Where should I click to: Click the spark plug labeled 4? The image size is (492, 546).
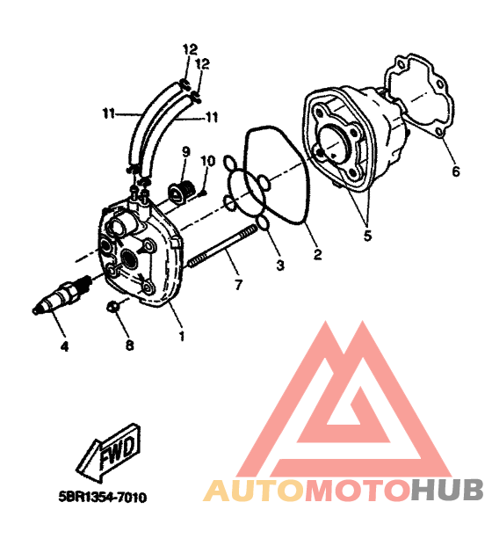pos(61,293)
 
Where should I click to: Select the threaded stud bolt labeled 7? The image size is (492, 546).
pos(222,246)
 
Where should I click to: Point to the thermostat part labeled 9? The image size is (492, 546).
pos(180,190)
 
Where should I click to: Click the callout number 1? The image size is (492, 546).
pos(181,336)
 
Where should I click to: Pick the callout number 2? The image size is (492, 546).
pos(317,255)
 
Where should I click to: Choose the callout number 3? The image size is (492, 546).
pos(280,266)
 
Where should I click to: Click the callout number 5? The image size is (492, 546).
pos(368,236)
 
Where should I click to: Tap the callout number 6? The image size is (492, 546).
pos(456,171)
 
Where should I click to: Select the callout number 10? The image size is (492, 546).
pos(208,161)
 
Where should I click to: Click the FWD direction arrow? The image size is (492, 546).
pos(109,452)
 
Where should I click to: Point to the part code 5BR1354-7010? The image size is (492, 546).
pos(103,497)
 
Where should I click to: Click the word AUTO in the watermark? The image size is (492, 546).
pos(254,491)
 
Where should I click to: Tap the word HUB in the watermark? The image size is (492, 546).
pos(446,491)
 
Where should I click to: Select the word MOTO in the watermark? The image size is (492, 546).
pos(357,491)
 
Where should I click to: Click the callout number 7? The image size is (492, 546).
pos(238,285)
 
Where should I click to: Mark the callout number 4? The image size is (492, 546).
pos(64,346)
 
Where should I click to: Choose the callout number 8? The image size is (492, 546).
pos(129,345)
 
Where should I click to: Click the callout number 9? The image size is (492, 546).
pos(185,152)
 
